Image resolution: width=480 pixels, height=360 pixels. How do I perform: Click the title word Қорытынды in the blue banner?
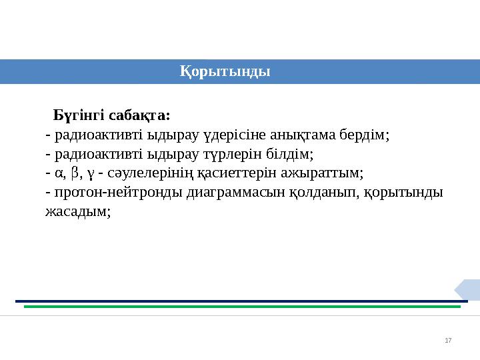(x=225, y=71)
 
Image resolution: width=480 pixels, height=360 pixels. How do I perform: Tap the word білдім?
(x=289, y=155)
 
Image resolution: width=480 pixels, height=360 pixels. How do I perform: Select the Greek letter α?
(x=59, y=175)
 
